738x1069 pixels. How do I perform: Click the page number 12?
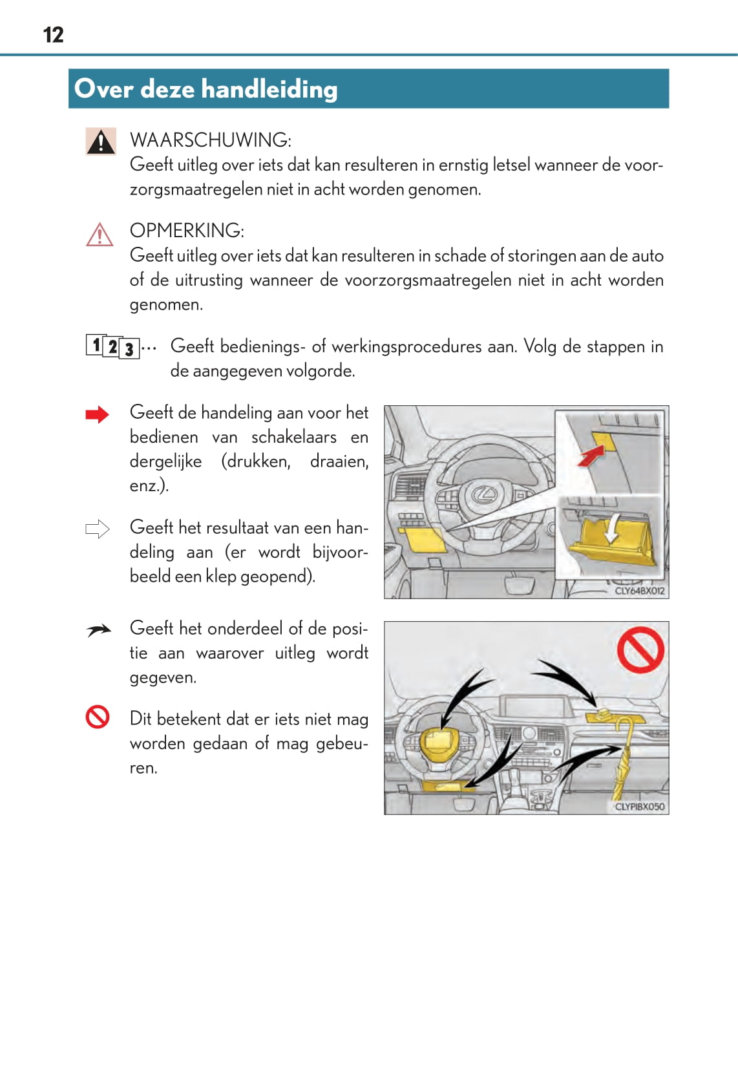click(53, 35)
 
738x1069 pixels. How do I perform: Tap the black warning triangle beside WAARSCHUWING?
click(101, 142)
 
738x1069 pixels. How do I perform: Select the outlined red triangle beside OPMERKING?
click(100, 235)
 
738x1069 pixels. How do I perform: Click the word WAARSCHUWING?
click(211, 140)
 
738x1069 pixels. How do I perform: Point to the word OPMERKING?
click(187, 231)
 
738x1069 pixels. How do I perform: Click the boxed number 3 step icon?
click(129, 349)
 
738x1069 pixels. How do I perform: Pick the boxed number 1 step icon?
click(96, 344)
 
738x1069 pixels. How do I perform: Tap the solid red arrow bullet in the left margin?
click(98, 414)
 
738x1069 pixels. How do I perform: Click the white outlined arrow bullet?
click(98, 529)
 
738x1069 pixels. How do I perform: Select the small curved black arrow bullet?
click(98, 630)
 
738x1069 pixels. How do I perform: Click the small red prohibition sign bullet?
click(98, 717)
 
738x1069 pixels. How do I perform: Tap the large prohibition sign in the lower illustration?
click(640, 650)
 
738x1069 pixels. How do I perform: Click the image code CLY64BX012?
click(639, 591)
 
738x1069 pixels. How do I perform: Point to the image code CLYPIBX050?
click(639, 807)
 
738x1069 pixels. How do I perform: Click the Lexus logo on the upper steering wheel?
click(484, 494)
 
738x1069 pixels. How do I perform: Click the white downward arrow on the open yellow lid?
click(611, 529)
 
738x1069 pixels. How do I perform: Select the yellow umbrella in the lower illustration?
click(620, 759)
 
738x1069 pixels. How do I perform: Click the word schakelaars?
click(294, 437)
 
